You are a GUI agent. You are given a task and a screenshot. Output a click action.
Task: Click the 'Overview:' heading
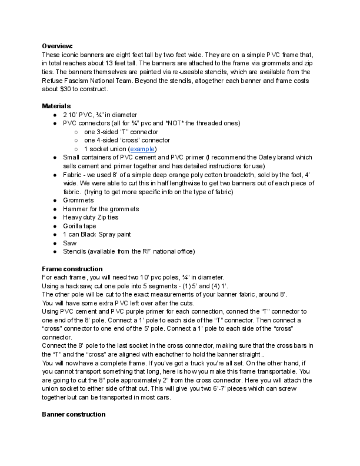tap(57, 46)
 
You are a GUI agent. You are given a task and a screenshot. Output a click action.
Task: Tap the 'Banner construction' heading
tap(74, 414)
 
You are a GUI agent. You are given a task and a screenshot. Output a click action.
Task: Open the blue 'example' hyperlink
tap(143, 149)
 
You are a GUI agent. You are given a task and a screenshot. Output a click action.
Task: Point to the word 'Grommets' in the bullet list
tap(78, 200)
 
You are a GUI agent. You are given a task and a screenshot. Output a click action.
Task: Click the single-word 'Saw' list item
tap(69, 243)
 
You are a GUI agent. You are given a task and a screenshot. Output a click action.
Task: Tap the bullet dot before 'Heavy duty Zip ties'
tap(55, 217)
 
